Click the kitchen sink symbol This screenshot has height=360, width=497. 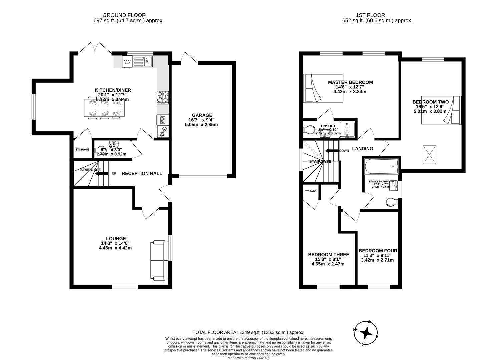coord(142,61)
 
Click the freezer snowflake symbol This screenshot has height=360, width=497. coord(163,132)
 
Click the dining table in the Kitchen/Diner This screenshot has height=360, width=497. coord(104,108)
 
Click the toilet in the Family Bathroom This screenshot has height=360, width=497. coord(391,202)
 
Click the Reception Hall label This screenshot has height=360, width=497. coord(142,173)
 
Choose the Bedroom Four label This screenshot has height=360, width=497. coord(378,251)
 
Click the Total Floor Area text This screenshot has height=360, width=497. coord(248,332)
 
